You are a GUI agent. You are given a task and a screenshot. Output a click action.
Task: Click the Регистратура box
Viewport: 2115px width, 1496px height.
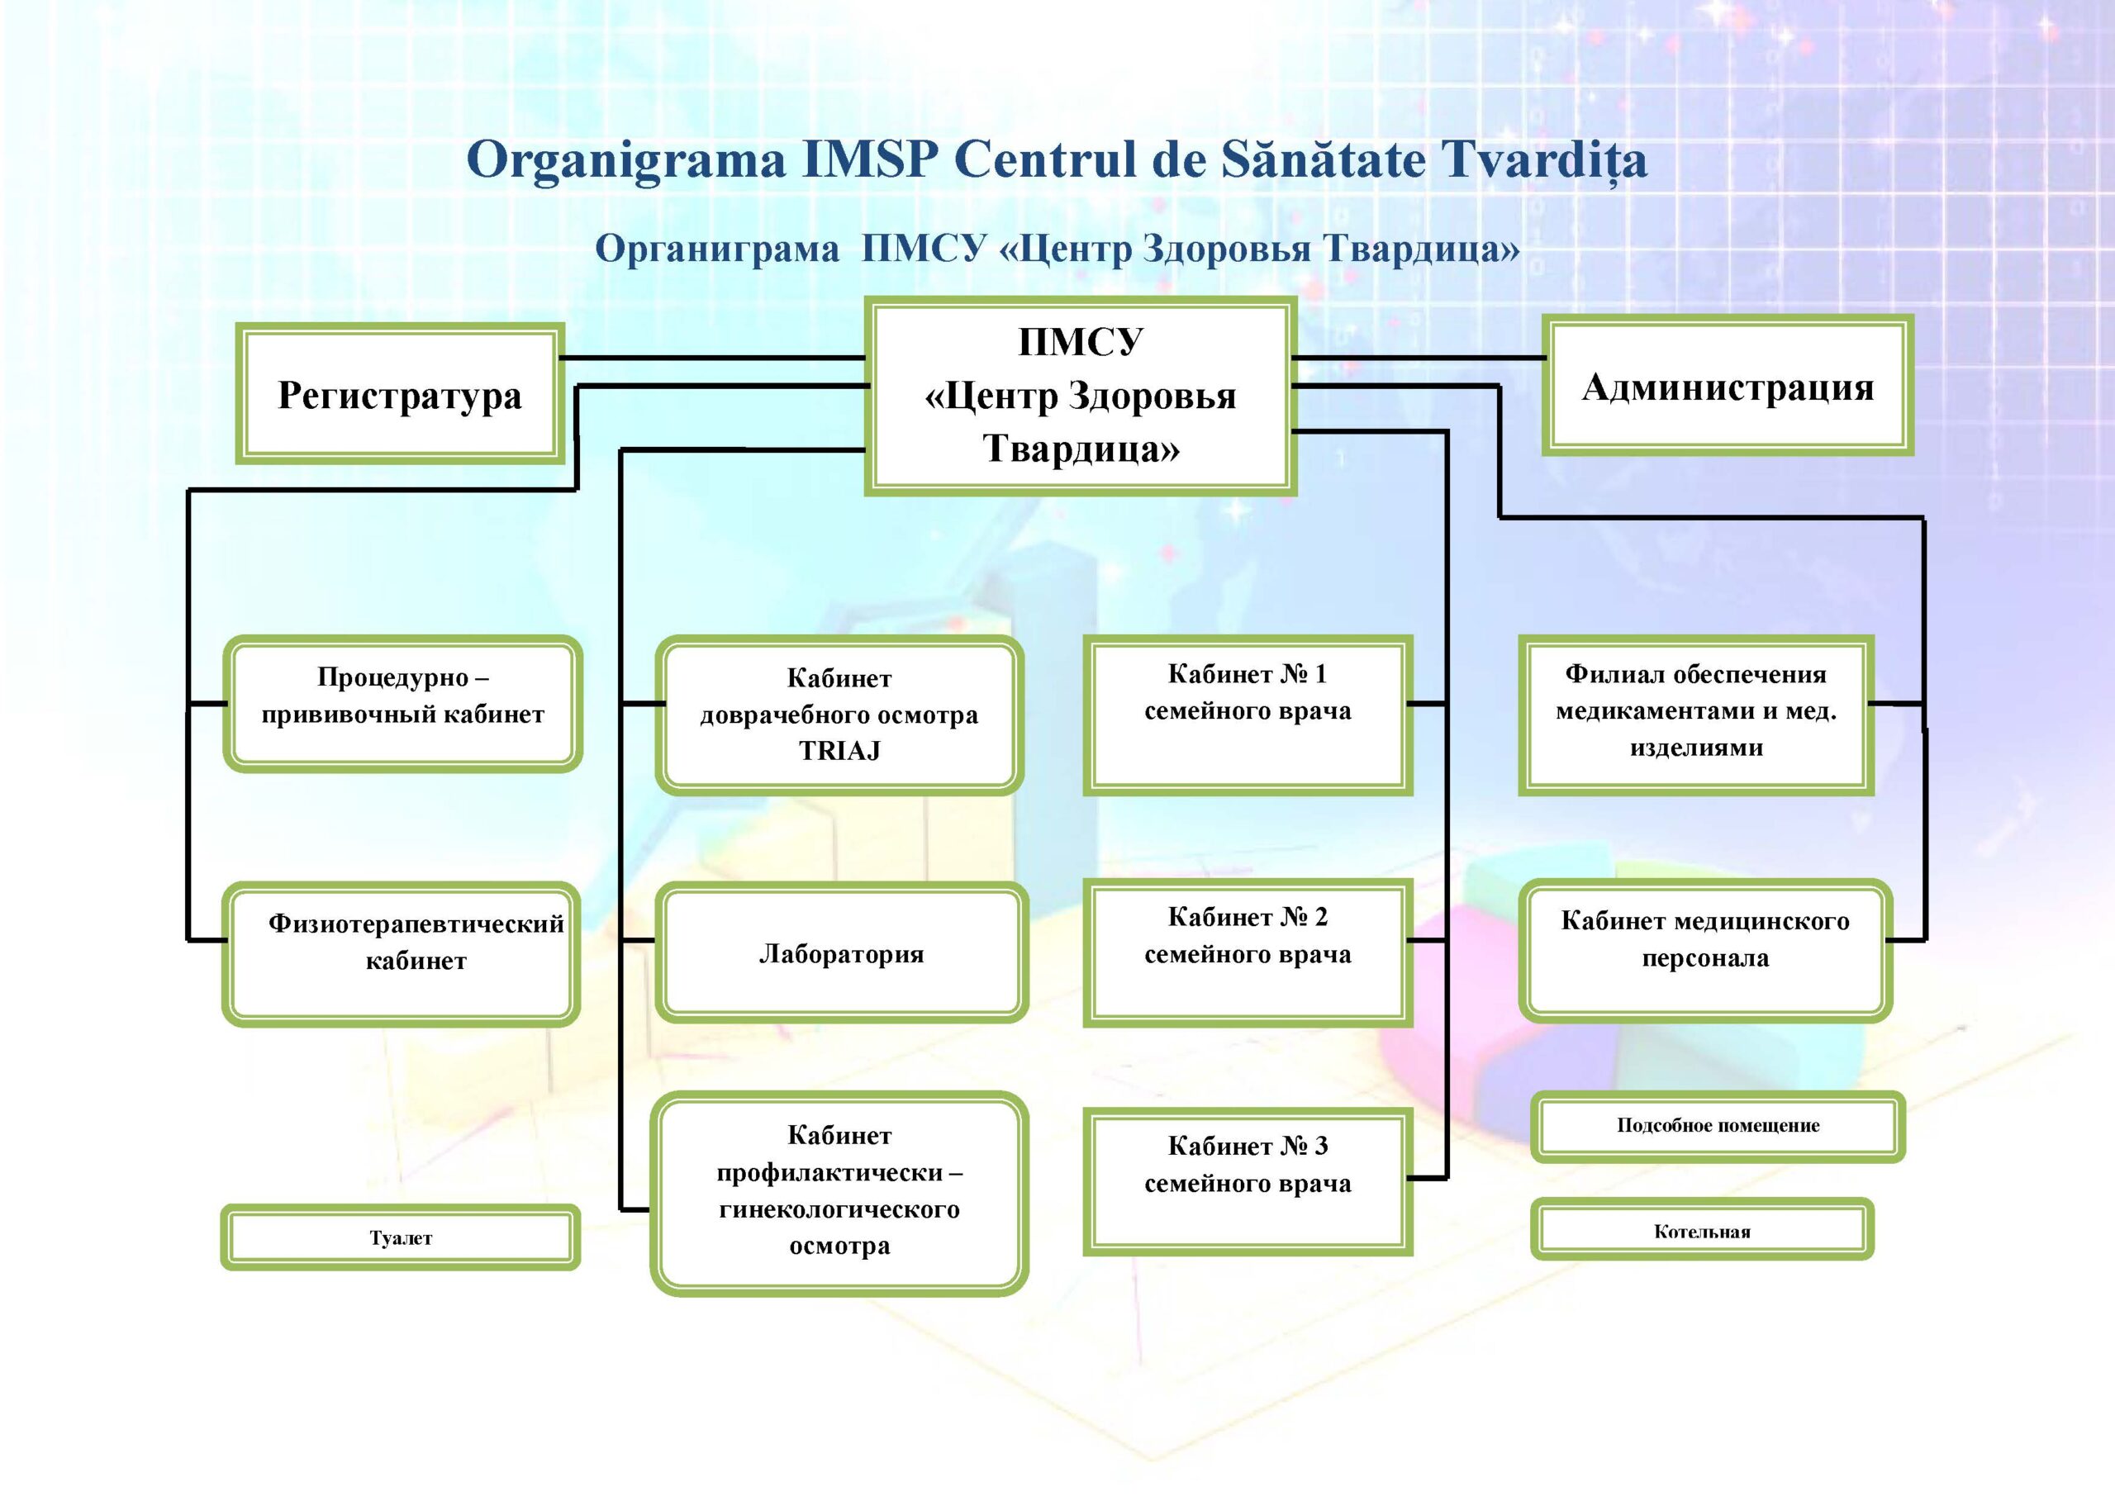click(x=400, y=393)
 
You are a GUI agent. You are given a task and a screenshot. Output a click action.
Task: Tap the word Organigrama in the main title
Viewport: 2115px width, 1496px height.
click(x=626, y=159)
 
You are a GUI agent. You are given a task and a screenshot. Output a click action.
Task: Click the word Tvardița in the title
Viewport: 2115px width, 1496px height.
click(x=1543, y=159)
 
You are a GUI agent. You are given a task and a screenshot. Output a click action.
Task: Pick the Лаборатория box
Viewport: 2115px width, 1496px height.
click(x=840, y=953)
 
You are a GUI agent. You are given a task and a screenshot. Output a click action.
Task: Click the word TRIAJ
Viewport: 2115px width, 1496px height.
click(x=839, y=751)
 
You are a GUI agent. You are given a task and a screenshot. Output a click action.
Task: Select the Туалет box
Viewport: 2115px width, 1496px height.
click(x=400, y=1237)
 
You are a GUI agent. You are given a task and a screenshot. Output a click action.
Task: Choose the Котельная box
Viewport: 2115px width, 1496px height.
click(x=1701, y=1231)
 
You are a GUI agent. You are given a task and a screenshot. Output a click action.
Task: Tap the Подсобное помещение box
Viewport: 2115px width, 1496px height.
click(x=1717, y=1125)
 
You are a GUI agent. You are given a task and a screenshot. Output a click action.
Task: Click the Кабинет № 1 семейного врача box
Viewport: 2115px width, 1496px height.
click(x=1248, y=714)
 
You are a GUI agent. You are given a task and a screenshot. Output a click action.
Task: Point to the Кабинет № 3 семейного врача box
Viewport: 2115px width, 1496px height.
click(x=1248, y=1182)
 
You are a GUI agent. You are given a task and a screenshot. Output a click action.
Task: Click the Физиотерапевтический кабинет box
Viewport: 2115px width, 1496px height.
click(x=401, y=953)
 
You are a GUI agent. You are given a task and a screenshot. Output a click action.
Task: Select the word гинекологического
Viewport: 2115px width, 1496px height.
click(x=839, y=1209)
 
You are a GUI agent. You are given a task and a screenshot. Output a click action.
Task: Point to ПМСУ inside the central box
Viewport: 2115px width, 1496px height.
click(x=1080, y=343)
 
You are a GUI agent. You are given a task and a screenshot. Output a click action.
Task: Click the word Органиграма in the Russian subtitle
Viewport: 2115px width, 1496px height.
click(x=716, y=249)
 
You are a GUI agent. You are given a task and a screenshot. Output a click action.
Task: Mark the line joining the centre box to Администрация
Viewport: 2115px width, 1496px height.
click(x=1419, y=358)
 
